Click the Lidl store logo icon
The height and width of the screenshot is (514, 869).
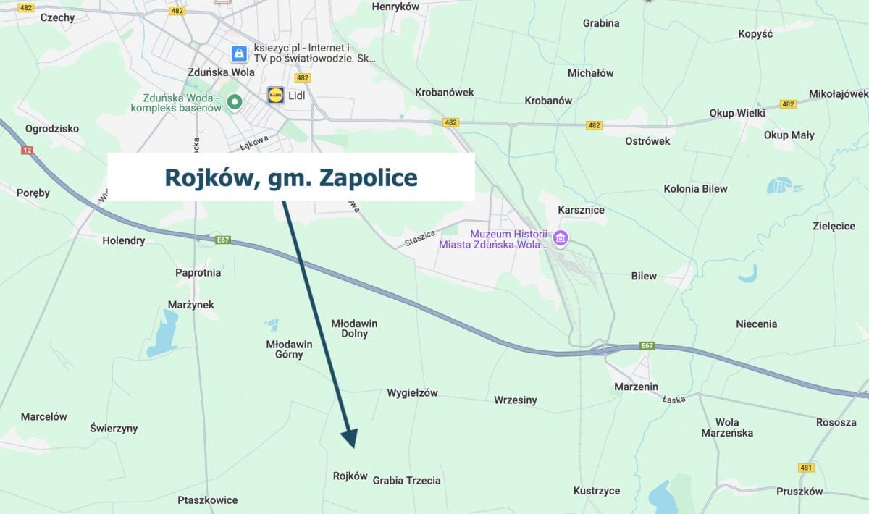point(276,96)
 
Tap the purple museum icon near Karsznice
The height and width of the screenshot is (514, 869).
point(561,237)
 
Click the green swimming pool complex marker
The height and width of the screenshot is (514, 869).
point(234,102)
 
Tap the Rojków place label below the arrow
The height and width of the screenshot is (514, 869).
point(350,476)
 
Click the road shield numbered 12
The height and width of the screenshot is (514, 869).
point(28,150)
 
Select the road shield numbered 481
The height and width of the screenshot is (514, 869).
point(807,468)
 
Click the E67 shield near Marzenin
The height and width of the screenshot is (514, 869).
point(647,346)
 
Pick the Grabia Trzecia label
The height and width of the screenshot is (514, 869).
point(406,480)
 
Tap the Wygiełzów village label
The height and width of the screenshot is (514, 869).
point(412,393)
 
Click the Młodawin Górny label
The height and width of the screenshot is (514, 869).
point(289,349)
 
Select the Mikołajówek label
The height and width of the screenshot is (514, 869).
point(838,93)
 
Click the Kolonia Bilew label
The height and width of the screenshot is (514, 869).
point(695,188)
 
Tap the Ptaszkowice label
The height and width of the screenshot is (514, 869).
point(207,500)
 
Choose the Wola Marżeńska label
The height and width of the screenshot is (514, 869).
point(727,427)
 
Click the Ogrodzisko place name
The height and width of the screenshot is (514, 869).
point(51,128)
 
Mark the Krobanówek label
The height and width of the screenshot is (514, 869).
point(444,92)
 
